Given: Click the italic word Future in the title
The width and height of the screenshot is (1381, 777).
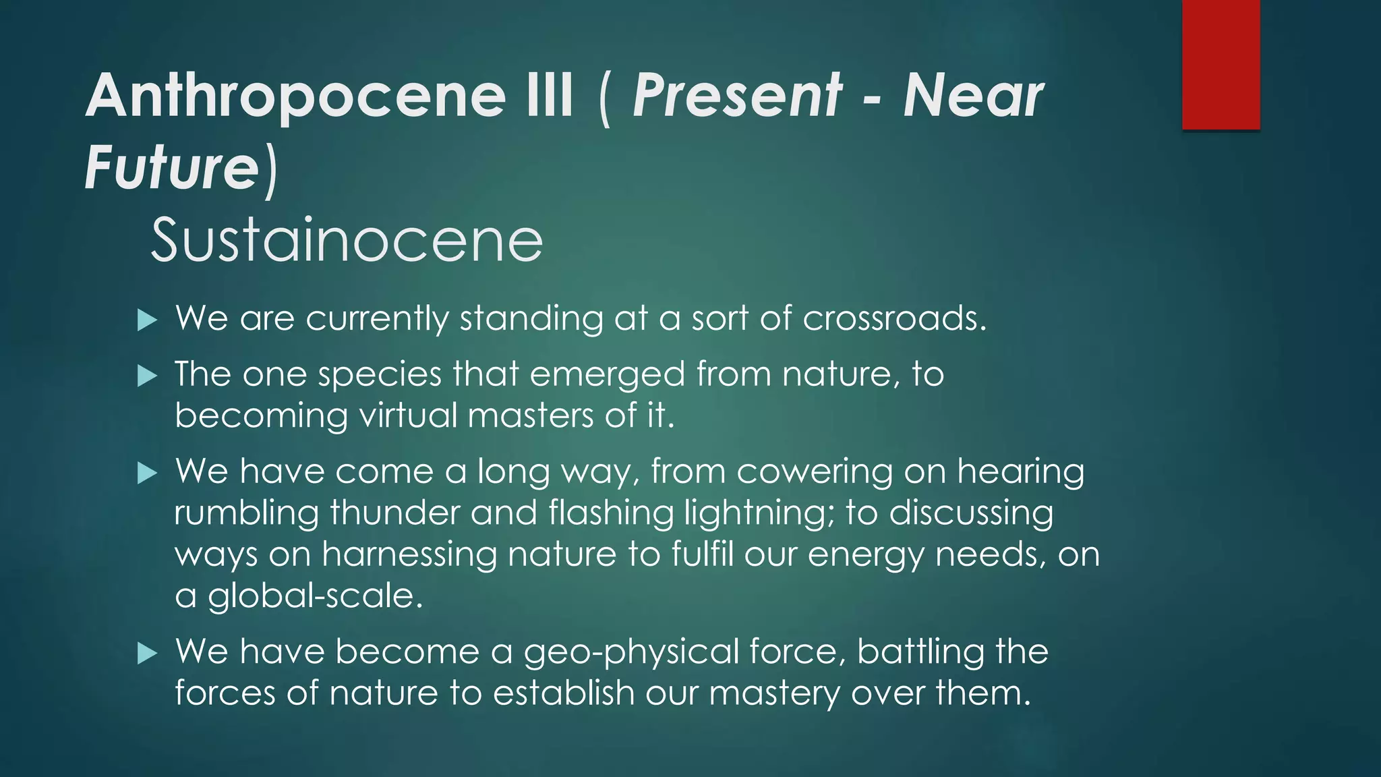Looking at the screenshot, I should (x=172, y=167).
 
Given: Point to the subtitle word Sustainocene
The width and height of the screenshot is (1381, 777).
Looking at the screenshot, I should (x=347, y=241).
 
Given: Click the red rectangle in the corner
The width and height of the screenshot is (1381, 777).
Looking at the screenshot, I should (x=1221, y=64).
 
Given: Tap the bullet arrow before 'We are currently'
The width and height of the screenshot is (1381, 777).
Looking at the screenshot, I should (x=147, y=320).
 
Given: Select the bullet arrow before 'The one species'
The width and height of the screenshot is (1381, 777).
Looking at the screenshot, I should (x=147, y=376).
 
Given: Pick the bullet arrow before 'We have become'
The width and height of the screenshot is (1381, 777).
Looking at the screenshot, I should (x=147, y=653).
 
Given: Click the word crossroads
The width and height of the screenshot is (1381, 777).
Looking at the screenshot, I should (x=894, y=318).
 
